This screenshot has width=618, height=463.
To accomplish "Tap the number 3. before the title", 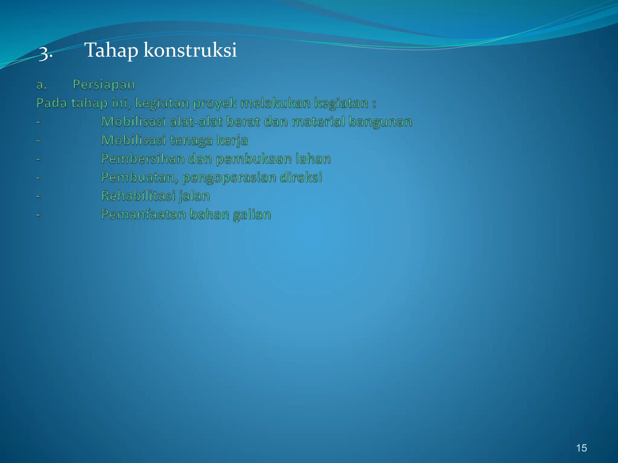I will pos(46,53).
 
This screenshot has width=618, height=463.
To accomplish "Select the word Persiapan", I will pos(104,85).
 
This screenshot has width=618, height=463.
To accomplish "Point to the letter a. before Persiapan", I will pos(41,85).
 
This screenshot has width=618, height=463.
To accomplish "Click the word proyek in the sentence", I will pos(215,103).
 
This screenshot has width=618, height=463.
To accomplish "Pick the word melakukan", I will pos(276,103).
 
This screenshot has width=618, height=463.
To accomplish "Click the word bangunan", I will pos(380,122).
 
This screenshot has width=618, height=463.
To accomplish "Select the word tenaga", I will pos(191,140).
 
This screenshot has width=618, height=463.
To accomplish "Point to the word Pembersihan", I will pos(142,159).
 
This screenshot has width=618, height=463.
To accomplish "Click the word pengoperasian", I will pos(229,178).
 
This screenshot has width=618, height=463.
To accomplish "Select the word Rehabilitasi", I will pos(138,196).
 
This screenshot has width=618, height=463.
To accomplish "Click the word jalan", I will pos(194,196).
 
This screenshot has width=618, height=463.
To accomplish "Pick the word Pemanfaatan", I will pos(143,214).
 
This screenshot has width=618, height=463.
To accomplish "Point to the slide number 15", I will pos(581,448).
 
